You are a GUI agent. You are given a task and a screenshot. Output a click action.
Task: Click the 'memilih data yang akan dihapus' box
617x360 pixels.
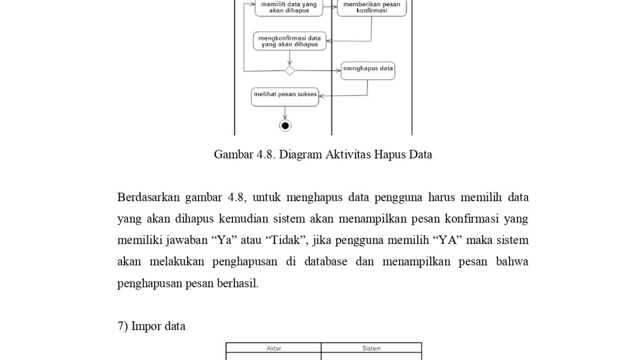point(289,7)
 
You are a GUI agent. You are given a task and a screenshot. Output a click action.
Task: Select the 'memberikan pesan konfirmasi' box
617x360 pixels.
point(371,7)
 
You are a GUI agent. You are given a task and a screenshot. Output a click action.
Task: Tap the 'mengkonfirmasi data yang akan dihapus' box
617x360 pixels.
point(289,41)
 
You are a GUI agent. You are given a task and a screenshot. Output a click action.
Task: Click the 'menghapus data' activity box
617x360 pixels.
point(368,69)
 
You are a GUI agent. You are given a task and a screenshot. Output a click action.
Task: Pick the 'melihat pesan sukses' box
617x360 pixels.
point(285,96)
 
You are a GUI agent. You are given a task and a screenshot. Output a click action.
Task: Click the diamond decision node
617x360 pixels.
point(290,70)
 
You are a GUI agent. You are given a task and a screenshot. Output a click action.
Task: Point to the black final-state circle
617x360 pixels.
point(285,125)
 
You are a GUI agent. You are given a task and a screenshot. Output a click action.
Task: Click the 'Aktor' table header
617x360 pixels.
point(274,348)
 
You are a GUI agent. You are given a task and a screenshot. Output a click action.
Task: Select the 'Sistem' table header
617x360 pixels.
point(371,348)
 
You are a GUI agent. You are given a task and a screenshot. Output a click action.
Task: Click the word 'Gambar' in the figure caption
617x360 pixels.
point(233,154)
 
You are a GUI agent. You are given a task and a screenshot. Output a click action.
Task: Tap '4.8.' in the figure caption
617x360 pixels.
point(266,154)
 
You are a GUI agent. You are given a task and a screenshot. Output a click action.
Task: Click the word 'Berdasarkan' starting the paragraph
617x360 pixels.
point(148,197)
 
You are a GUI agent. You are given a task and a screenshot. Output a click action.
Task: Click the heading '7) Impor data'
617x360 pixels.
point(151,326)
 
